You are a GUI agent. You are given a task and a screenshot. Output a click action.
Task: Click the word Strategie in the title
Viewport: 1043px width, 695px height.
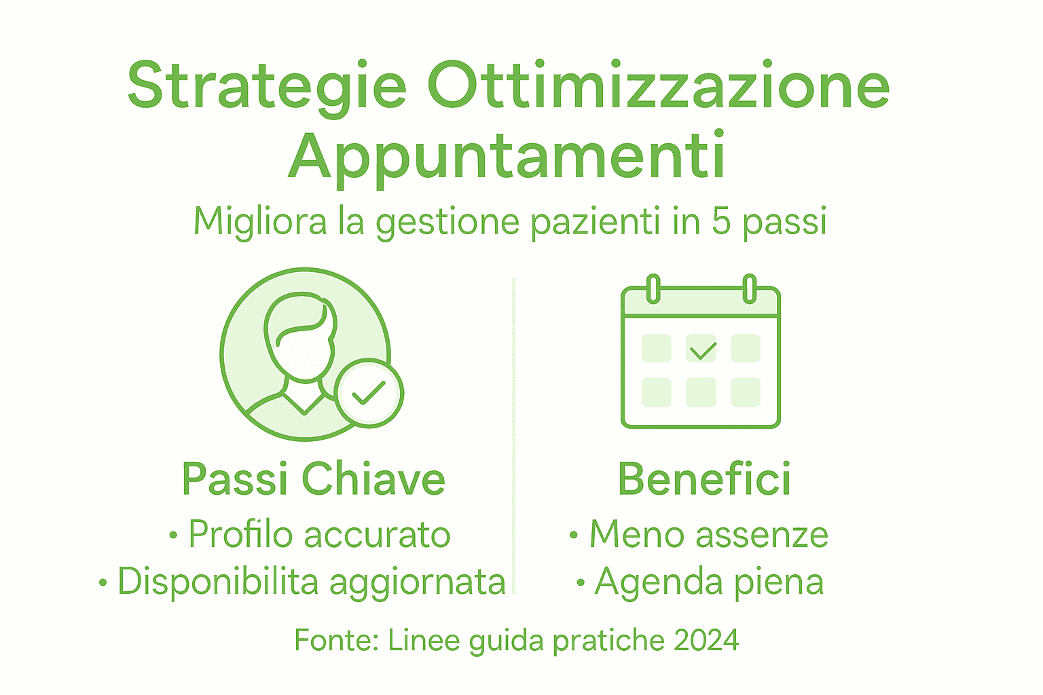[267, 87]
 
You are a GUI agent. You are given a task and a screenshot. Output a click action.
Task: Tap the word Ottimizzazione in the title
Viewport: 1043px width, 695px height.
[659, 86]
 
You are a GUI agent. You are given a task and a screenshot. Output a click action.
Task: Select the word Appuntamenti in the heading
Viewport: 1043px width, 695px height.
[507, 157]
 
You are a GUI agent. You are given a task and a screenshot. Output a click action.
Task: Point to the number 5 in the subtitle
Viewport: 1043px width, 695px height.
[721, 221]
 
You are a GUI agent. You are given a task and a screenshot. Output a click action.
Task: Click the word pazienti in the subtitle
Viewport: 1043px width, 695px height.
[595, 223]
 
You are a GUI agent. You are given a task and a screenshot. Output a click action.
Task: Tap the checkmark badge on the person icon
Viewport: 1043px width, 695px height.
[369, 393]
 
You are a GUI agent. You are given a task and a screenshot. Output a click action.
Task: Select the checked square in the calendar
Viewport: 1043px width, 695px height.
[701, 349]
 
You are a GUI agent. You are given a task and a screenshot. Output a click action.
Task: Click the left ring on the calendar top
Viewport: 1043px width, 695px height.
[653, 288]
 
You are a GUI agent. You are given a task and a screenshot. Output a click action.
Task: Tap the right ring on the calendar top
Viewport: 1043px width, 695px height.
[749, 288]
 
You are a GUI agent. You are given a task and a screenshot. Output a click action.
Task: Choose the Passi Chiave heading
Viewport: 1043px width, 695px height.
[314, 479]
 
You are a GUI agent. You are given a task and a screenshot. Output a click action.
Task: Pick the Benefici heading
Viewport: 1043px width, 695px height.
[704, 479]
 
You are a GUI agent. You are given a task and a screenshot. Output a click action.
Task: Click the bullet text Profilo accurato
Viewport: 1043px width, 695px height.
[319, 534]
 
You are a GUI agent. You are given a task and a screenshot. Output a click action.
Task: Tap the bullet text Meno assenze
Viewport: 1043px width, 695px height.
[708, 534]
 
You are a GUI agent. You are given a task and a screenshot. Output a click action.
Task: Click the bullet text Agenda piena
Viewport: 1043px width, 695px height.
[709, 582]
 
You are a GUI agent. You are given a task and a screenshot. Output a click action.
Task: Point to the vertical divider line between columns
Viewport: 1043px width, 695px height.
[514, 434]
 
